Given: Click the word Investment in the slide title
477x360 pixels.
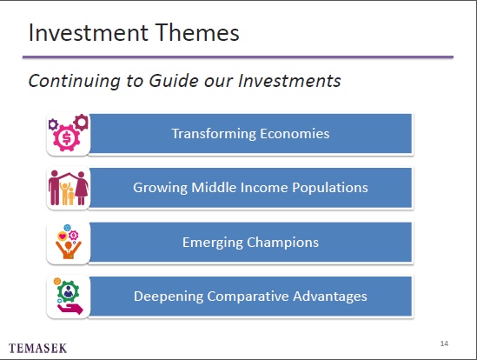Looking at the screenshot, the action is pyautogui.click(x=89, y=32).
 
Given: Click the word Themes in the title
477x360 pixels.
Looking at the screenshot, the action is pyautogui.click(x=198, y=32).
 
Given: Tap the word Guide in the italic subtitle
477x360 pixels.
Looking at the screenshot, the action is pyautogui.click(x=174, y=82).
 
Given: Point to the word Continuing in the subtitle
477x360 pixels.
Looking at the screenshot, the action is pyautogui.click(x=75, y=82).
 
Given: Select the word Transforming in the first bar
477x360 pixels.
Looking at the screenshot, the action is pyautogui.click(x=214, y=134).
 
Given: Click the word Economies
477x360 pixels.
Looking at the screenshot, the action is pyautogui.click(x=295, y=134).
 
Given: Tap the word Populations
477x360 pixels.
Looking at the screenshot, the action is pyautogui.click(x=330, y=188).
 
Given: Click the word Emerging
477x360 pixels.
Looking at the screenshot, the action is pyautogui.click(x=213, y=243).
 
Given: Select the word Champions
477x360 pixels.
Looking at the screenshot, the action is pyautogui.click(x=283, y=243).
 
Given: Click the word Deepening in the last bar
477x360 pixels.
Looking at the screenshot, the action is pyautogui.click(x=169, y=297).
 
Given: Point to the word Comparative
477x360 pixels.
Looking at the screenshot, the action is pyautogui.click(x=248, y=297).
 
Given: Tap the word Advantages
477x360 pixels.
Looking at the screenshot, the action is pyautogui.click(x=330, y=297).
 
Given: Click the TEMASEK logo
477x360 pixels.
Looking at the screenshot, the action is pyautogui.click(x=37, y=348).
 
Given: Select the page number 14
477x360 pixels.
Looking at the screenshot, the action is pyautogui.click(x=444, y=343).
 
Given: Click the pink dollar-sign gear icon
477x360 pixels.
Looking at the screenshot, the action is pyautogui.click(x=67, y=138).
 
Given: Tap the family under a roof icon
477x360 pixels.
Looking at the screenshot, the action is pyautogui.click(x=69, y=188).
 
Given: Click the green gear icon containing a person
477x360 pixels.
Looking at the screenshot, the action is pyautogui.click(x=68, y=291).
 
